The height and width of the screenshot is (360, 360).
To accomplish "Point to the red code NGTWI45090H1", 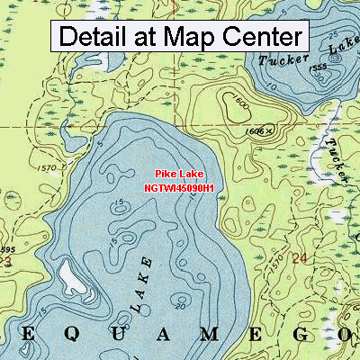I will [179, 187].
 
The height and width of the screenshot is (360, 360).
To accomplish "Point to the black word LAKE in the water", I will [142, 284].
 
